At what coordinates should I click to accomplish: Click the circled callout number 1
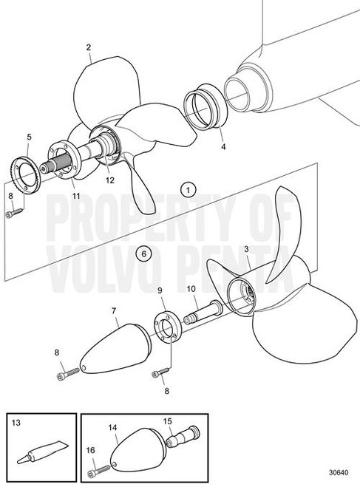point(189,190)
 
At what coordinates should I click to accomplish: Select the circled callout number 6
point(143,253)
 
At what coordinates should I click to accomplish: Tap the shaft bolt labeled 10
point(203,312)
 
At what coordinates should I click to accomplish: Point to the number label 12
point(110,180)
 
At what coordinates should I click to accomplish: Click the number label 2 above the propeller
point(89,47)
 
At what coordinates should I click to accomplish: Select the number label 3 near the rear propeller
point(246,249)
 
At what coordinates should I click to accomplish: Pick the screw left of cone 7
point(69,372)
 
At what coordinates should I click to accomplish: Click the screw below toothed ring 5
point(14,213)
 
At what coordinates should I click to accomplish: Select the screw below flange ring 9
point(160,372)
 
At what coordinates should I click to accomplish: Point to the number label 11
point(76,196)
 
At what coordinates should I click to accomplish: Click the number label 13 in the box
point(16,423)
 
